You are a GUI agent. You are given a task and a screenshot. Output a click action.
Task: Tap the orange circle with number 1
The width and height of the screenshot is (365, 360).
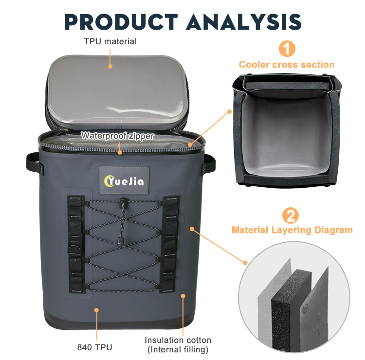coord(287,49)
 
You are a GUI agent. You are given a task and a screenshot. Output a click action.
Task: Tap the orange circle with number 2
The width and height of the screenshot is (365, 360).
coord(290,215)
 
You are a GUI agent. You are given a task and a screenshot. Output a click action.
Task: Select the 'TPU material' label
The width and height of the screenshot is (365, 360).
coord(110,41)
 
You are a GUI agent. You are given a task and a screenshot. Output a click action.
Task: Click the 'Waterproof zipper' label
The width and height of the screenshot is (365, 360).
coord(118,136)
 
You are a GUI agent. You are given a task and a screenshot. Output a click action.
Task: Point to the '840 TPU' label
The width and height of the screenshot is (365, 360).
coord(94,347)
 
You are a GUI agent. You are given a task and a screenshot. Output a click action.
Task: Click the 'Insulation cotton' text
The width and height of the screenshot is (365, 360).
coord(178,340)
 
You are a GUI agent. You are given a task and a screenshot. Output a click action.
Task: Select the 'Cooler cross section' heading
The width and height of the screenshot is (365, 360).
coord(287,64)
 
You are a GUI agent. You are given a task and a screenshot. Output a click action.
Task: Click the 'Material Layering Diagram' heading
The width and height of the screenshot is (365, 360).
coord(292,230)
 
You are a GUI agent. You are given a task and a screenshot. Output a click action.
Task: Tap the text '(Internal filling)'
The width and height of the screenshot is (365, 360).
coord(178,349)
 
